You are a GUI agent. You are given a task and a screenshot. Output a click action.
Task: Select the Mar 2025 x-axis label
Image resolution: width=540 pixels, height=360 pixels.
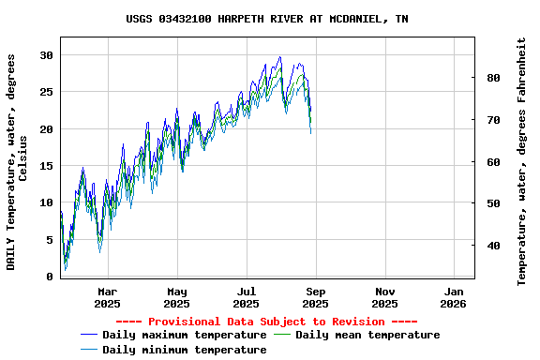tap(107, 297)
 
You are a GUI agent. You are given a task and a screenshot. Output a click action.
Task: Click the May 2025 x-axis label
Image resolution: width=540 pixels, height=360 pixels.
tap(176, 297)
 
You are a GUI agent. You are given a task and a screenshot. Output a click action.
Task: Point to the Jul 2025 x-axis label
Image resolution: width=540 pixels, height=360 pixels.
tap(246, 297)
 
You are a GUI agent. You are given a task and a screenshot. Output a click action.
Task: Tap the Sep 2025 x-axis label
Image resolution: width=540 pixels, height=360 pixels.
tap(315, 297)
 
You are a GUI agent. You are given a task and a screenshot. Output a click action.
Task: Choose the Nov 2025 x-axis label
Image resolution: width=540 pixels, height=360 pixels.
tap(384, 297)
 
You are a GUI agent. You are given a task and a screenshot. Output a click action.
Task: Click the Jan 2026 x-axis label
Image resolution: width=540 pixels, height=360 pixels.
tap(454, 297)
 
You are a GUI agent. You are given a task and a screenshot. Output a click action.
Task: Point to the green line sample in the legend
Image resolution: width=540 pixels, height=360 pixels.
tap(282, 335)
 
